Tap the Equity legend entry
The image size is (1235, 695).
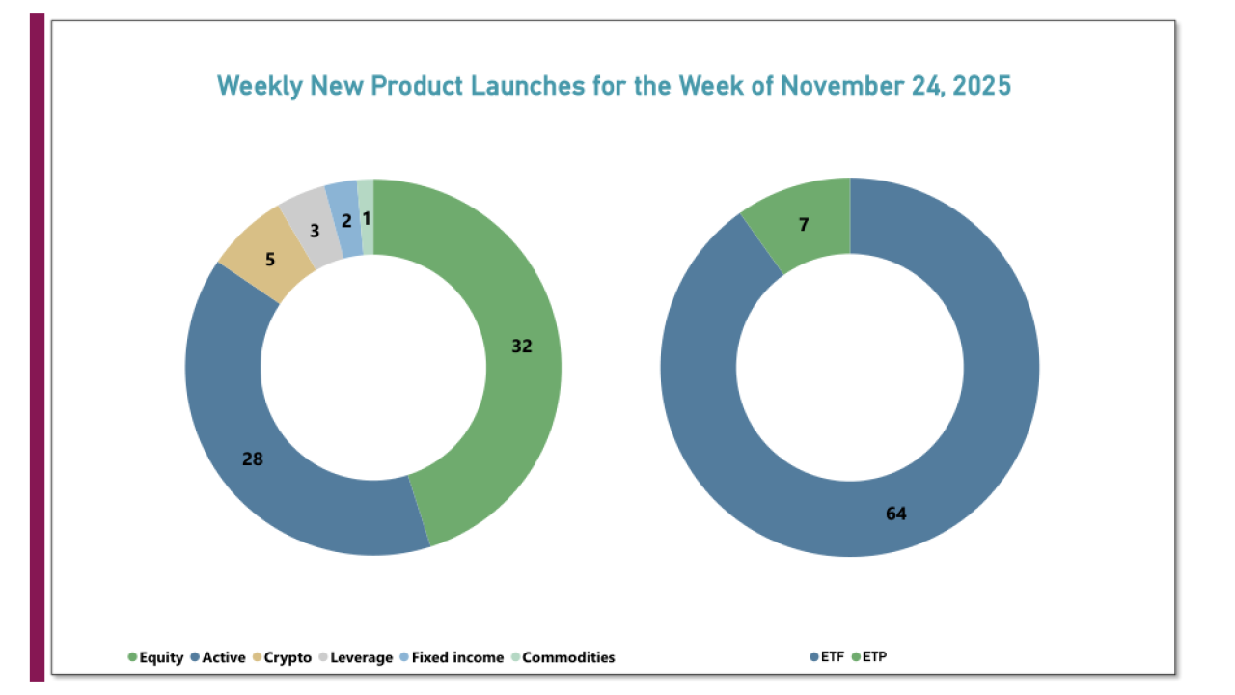click(x=156, y=657)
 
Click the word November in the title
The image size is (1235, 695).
click(x=841, y=85)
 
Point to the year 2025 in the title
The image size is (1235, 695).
click(x=981, y=85)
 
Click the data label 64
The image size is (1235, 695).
click(x=896, y=514)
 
